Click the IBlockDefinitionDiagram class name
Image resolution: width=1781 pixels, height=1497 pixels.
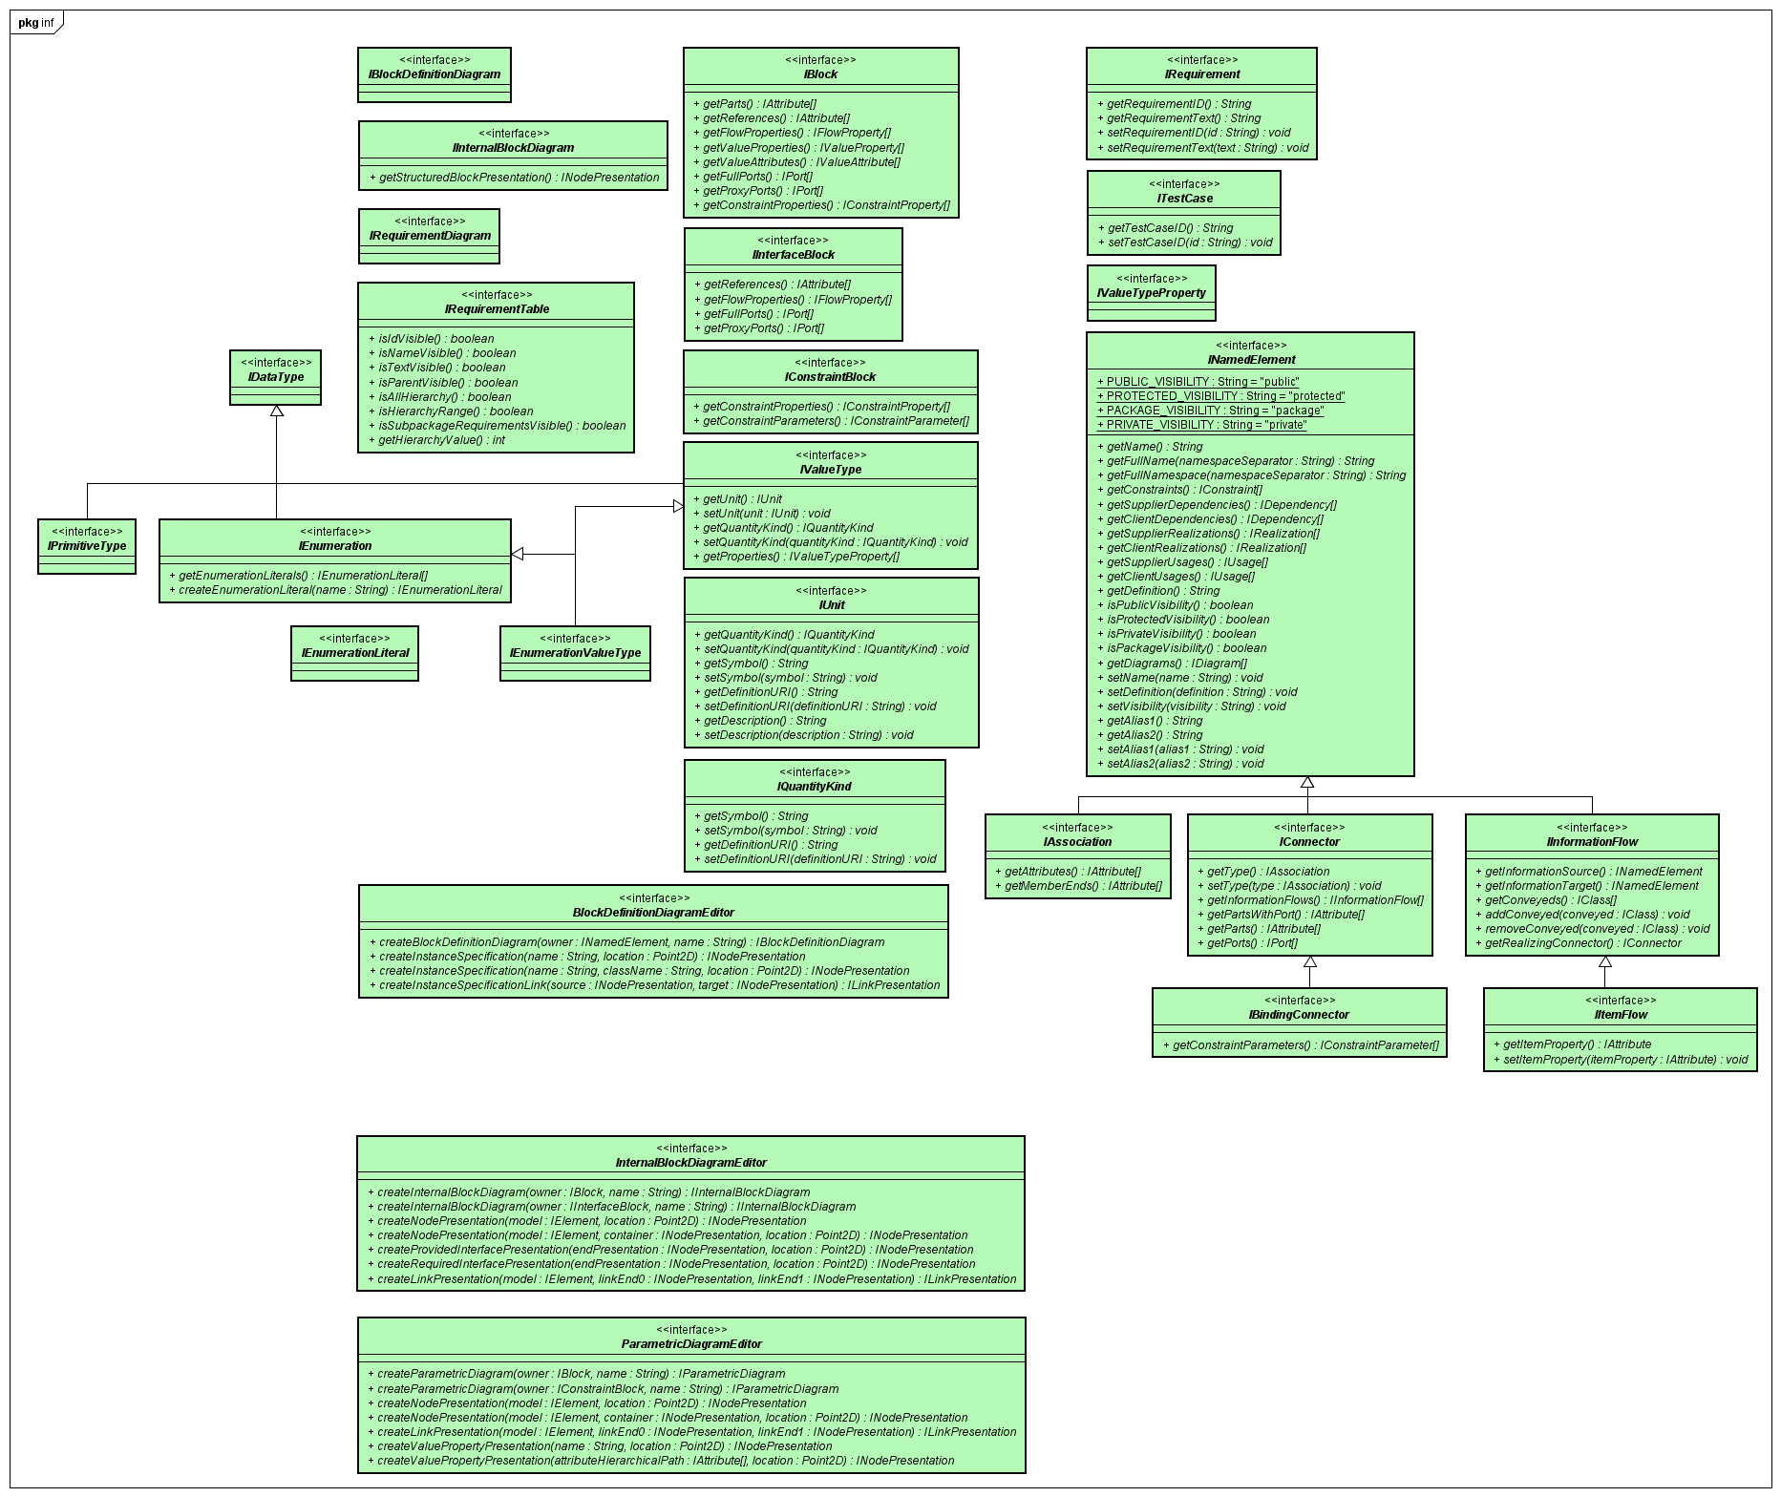pos(435,74)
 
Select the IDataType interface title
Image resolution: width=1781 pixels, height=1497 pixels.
pos(276,377)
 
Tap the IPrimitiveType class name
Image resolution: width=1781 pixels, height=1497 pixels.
pos(87,546)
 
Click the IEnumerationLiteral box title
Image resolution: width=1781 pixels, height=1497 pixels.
pos(355,653)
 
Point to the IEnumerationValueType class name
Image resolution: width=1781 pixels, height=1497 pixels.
pos(575,653)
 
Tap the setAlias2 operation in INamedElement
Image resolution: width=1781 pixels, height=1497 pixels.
pos(1185,764)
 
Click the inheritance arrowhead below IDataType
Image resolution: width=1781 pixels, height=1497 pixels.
pos(277,411)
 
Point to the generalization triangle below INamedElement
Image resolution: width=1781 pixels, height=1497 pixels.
pos(1307,783)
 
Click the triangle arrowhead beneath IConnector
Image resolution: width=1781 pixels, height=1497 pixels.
pos(1310,962)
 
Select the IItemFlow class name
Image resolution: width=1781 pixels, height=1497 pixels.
pos(1621,1015)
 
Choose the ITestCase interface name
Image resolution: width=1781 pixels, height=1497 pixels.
pos(1185,199)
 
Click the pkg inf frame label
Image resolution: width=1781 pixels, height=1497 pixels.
pos(36,23)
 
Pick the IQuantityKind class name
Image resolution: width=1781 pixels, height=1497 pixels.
pos(815,787)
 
